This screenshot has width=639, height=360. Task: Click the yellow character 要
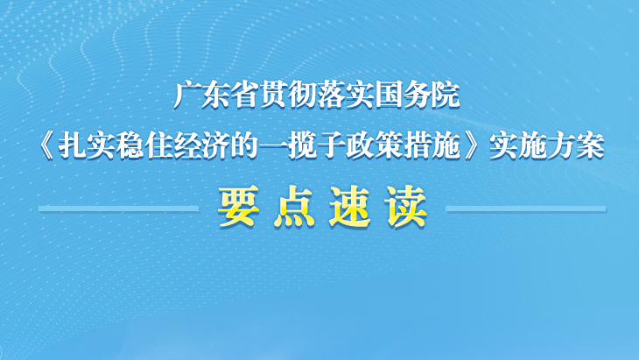pos(239,207)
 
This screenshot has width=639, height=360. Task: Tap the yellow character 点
pos(294,207)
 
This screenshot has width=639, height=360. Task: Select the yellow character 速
pos(350,207)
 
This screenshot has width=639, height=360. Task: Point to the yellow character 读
pos(406,207)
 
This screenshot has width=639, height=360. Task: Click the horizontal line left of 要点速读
pos(119,208)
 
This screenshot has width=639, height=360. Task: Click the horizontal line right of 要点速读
pos(526,208)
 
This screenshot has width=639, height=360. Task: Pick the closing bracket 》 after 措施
pos(474,147)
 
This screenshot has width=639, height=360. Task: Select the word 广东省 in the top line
pos(216,95)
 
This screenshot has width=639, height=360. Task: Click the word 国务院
pos(418,95)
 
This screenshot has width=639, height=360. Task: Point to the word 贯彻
pos(288,95)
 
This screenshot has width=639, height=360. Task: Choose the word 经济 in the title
pos(201,147)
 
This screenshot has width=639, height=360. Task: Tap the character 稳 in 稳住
pos(130,147)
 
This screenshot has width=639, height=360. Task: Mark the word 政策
pos(374,147)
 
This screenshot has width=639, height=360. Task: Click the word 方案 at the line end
pos(575,147)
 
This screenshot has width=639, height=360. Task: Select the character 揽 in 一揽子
pos(302,147)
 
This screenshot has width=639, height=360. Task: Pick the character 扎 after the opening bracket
pos(72,147)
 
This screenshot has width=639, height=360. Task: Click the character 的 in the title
pos(244,147)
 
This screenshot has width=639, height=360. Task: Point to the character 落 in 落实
pos(331,95)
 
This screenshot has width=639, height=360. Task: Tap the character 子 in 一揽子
pos(331,147)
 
